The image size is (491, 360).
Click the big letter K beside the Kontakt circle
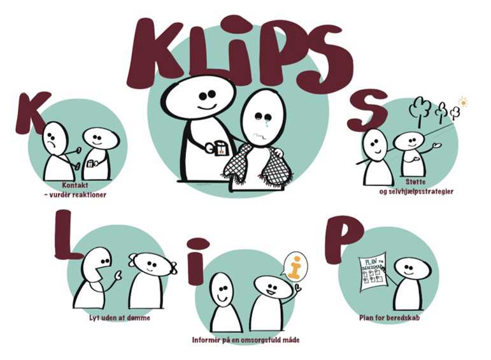31,113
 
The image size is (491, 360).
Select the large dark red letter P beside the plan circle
341,238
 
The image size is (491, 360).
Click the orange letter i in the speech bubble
294,267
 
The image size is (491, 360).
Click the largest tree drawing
420,109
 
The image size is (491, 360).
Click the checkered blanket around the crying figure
257,168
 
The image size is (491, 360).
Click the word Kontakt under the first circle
75,185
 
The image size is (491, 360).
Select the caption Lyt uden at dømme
120,318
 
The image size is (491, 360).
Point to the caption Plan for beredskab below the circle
389,318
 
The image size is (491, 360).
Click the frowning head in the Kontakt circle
54,138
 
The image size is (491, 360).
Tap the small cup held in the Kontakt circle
90,164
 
